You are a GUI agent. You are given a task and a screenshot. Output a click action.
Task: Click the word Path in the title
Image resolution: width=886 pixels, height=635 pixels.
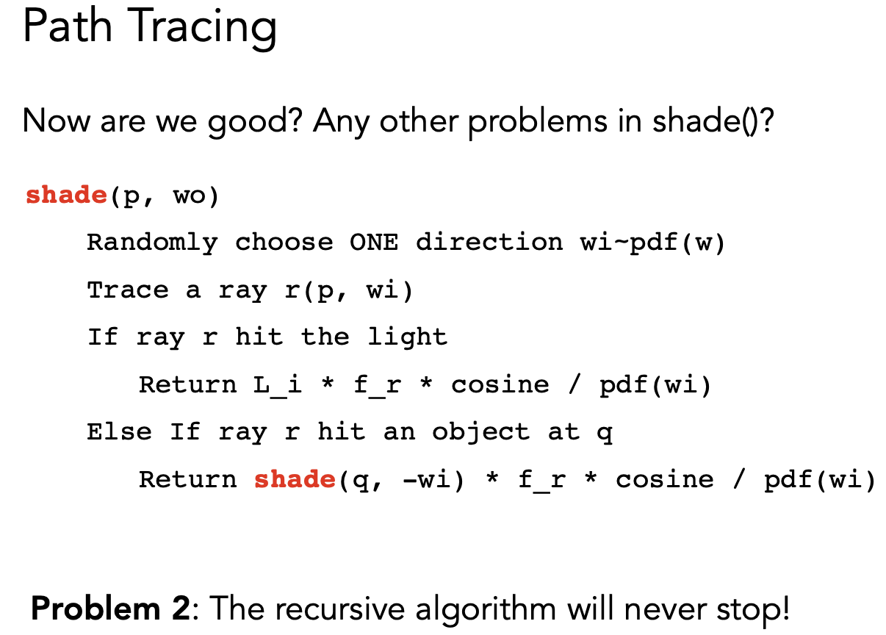(68, 26)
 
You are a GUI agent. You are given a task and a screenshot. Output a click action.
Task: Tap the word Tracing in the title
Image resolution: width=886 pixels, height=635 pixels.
(202, 29)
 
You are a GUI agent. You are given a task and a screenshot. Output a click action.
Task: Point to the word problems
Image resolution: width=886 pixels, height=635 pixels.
(538, 122)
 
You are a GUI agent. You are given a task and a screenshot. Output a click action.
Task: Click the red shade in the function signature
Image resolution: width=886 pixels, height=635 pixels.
(66, 195)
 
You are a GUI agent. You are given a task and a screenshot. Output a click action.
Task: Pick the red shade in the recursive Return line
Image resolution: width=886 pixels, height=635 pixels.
(295, 479)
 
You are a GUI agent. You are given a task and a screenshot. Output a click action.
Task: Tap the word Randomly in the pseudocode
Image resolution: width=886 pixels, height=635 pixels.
(152, 243)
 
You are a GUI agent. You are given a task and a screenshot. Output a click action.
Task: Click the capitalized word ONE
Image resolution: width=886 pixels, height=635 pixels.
(374, 242)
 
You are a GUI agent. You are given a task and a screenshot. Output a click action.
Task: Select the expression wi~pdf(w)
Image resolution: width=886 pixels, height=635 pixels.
(652, 243)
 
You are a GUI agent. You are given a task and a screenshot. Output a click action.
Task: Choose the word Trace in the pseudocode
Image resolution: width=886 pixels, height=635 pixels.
(128, 290)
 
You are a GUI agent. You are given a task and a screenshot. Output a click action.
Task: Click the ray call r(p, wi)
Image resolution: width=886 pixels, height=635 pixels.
(349, 290)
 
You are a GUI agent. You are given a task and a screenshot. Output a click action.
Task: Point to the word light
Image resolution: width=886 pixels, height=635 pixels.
(408, 337)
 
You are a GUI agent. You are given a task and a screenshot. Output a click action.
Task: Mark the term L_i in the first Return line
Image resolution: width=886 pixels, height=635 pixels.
(278, 385)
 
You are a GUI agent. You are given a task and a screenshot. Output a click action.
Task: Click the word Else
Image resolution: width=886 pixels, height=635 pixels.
(120, 431)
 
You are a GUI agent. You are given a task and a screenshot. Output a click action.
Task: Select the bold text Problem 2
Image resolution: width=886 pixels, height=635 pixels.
(111, 609)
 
